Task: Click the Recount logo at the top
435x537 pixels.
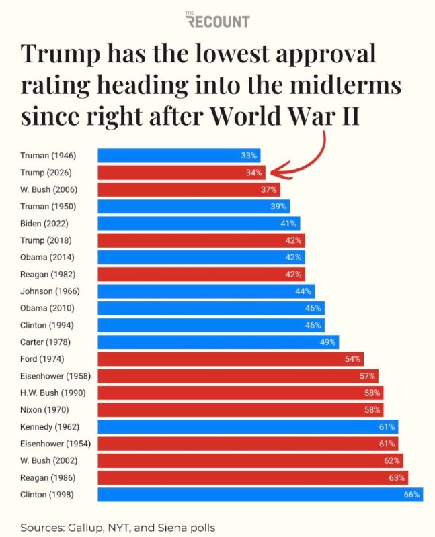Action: pyautogui.click(x=217, y=19)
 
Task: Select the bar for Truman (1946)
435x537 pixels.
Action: pyautogui.click(x=179, y=156)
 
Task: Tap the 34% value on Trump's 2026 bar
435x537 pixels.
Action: pyautogui.click(x=254, y=173)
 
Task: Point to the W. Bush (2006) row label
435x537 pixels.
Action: pyautogui.click(x=48, y=189)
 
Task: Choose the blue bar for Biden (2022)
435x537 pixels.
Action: pyautogui.click(x=199, y=224)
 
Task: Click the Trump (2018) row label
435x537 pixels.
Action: pyautogui.click(x=46, y=240)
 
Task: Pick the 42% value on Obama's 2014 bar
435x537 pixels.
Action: pyautogui.click(x=293, y=257)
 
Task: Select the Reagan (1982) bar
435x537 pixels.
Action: pyautogui.click(x=202, y=275)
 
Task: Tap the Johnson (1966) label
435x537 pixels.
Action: pyautogui.click(x=50, y=291)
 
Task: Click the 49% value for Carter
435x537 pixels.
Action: pyautogui.click(x=327, y=342)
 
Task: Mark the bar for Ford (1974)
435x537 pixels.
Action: pyautogui.click(x=231, y=359)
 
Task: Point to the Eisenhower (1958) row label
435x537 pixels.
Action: pyautogui.click(x=56, y=376)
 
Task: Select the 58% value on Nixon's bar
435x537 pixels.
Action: pyautogui.click(x=372, y=410)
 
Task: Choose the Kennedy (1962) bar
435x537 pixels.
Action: pyautogui.click(x=248, y=427)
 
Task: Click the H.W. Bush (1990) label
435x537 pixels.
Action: pyautogui.click(x=53, y=393)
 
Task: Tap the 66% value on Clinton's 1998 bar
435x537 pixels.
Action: pyautogui.click(x=411, y=495)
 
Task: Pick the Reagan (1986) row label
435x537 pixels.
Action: pyautogui.click(x=48, y=478)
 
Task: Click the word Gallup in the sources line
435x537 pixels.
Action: pyautogui.click(x=86, y=528)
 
